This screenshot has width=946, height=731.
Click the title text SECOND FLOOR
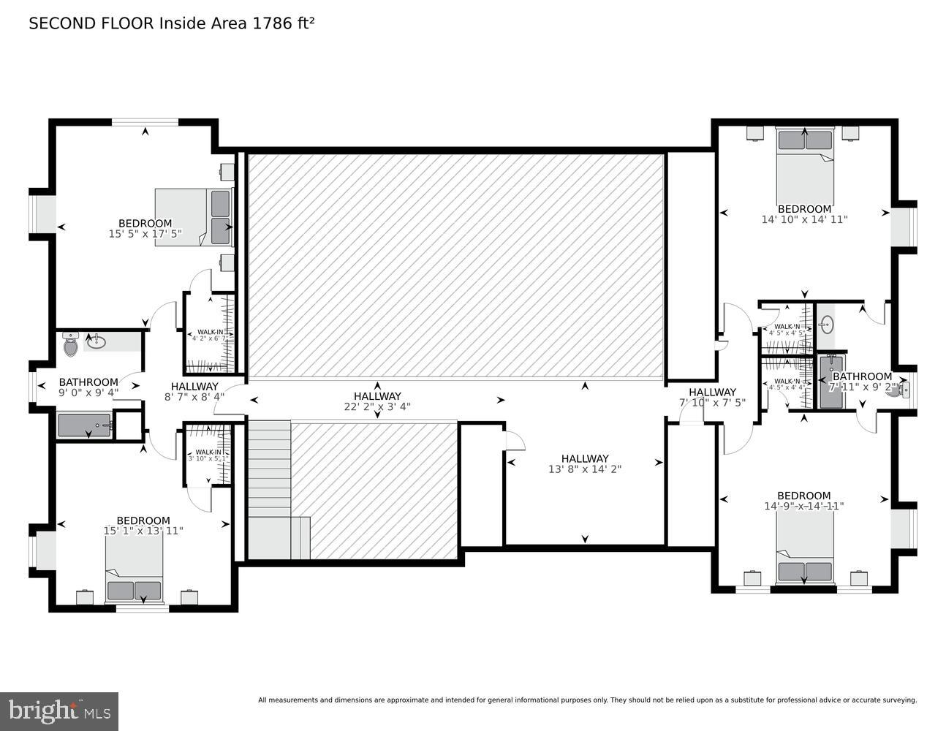(x=91, y=23)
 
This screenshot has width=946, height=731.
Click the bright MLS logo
(x=59, y=711)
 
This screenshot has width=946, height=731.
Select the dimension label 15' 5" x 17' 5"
(x=145, y=234)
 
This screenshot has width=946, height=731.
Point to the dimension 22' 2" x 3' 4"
(x=377, y=406)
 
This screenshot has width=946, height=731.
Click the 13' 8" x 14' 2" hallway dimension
(x=585, y=469)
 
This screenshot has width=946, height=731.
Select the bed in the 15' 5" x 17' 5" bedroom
(x=193, y=217)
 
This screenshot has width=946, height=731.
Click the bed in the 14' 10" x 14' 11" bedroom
(x=804, y=161)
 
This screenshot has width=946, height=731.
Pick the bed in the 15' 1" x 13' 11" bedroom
(x=134, y=574)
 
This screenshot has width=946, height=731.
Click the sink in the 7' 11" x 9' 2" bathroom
(x=826, y=323)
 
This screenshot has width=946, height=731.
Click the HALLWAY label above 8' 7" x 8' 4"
(x=194, y=387)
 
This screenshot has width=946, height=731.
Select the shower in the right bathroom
(x=830, y=382)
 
